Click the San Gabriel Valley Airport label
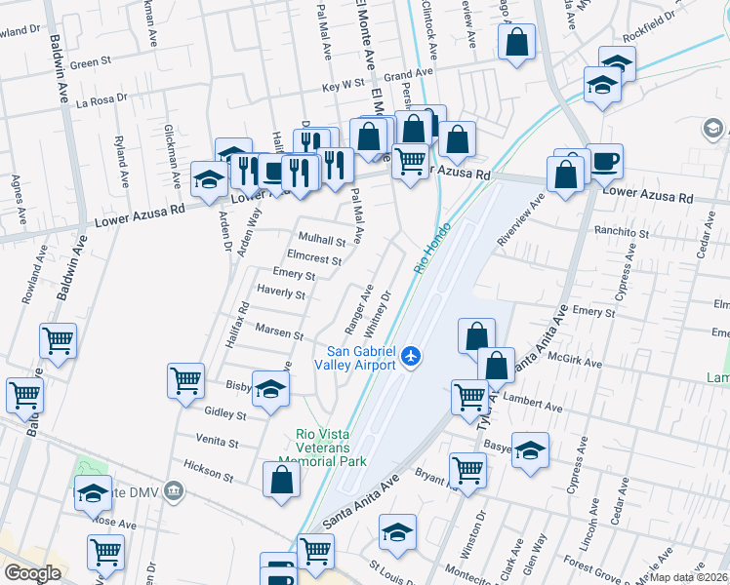pyautogui.click(x=361, y=358)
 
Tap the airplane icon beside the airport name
pyautogui.click(x=411, y=357)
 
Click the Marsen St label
pyautogui.click(x=280, y=332)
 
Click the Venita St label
pyautogui.click(x=218, y=443)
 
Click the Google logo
pyautogui.click(x=32, y=572)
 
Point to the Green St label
pyautogui.click(x=91, y=63)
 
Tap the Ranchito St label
pyautogui.click(x=624, y=234)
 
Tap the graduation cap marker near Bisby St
pyautogui.click(x=271, y=387)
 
